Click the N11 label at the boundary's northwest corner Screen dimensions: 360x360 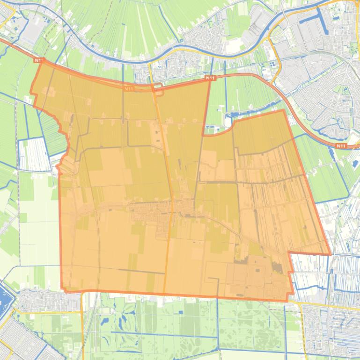(38, 60)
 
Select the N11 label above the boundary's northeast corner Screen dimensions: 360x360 (210, 78)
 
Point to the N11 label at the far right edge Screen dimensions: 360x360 (341, 146)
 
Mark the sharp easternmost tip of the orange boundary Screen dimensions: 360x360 (331, 255)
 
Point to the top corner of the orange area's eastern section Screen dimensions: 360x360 (283, 110)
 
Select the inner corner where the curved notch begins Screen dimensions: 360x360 (203, 136)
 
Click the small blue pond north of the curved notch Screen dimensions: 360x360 (234, 115)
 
